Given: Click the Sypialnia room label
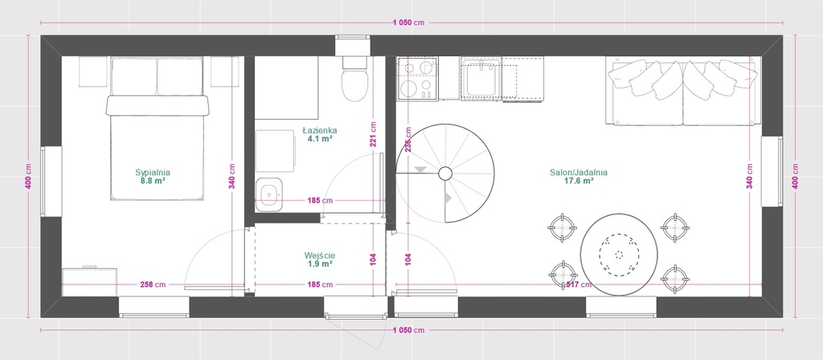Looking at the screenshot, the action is (153, 172).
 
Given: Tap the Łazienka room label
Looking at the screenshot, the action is (320, 130).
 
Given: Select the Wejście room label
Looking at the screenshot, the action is (320, 256).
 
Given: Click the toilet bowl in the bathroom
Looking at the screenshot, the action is (354, 80).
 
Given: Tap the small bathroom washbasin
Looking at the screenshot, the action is (268, 194).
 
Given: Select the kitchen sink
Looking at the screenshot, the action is (481, 79).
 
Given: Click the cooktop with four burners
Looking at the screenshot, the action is (418, 78).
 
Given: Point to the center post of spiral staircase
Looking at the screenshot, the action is (445, 173).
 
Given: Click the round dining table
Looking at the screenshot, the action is (619, 255).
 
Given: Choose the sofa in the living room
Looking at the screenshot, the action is (683, 92).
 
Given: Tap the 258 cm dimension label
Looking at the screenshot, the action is (153, 285).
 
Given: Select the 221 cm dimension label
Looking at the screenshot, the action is (373, 135).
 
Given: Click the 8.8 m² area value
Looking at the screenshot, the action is (153, 181).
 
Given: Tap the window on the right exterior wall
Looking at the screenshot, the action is (772, 171).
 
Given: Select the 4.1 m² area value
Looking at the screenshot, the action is (320, 139).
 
